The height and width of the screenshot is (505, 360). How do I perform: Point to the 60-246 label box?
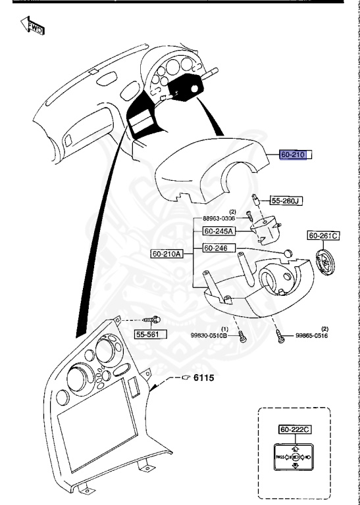pyautogui.click(x=217, y=248)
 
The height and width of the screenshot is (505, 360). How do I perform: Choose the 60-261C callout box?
pyautogui.click(x=324, y=235)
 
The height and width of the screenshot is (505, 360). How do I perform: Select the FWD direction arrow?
pyautogui.click(x=32, y=28)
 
